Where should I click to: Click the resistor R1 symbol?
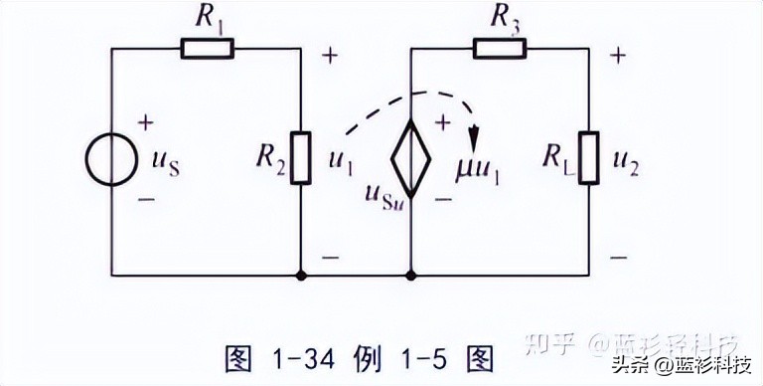207,47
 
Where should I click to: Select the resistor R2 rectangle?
300,157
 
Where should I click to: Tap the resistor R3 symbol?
500,47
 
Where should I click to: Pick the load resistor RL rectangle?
590,157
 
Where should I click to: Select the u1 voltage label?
339,161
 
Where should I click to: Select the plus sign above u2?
618,55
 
